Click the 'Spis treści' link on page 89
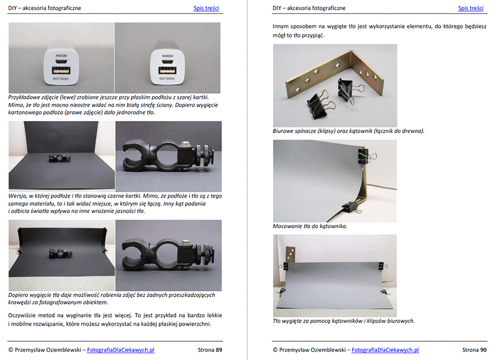206,8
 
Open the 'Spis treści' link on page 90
471,8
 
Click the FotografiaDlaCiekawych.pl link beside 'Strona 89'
121,350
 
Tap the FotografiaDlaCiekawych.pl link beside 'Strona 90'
385,350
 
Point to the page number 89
219,350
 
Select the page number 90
484,350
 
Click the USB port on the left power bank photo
61,70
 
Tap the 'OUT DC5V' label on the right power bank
167,79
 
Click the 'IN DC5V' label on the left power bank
62,56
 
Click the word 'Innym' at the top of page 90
280,26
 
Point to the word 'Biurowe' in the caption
283,131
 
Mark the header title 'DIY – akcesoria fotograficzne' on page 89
44,8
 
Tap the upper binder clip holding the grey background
366,155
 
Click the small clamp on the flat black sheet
59,158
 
